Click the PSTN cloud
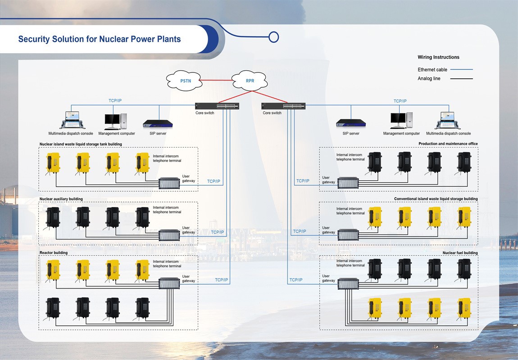185,81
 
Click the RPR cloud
250,81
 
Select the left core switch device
217,106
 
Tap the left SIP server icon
155,124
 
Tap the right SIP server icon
351,123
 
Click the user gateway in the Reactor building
169,283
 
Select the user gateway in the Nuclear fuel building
348,283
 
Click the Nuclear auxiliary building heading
61,199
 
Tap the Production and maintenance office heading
448,144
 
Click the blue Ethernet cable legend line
461,70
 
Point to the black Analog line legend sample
461,79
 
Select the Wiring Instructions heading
438,57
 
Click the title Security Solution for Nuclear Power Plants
100,39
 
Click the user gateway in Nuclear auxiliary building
169,235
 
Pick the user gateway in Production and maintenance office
348,183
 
